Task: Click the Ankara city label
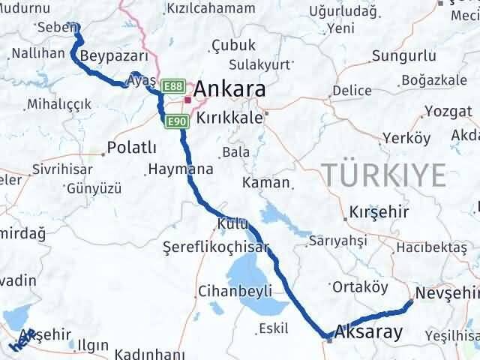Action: pyautogui.click(x=230, y=91)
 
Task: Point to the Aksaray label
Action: pyautogui.click(x=369, y=330)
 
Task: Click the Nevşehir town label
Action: pyautogui.click(x=448, y=292)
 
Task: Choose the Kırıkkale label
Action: pyautogui.click(x=229, y=118)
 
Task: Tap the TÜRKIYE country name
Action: pyautogui.click(x=384, y=173)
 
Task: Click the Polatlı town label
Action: pyautogui.click(x=132, y=147)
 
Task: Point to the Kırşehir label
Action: pyautogui.click(x=379, y=212)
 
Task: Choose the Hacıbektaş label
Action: pyautogui.click(x=433, y=247)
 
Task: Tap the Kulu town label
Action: pyautogui.click(x=229, y=223)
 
